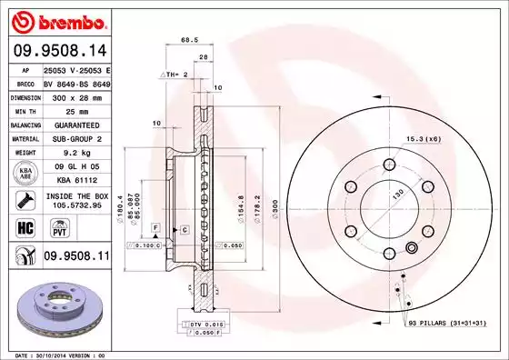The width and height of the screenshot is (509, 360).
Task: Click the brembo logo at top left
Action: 56,19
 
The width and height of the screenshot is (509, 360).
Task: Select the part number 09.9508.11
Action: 76,258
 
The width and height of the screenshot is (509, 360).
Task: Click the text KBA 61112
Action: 76,181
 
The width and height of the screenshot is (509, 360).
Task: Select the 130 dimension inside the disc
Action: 397,193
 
